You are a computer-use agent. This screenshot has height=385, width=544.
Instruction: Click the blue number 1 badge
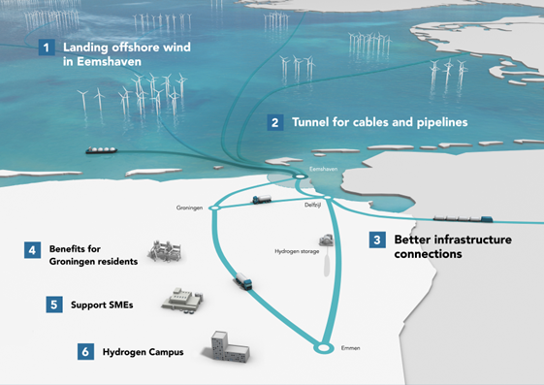47,48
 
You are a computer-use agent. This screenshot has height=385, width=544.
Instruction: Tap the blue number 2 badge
275,122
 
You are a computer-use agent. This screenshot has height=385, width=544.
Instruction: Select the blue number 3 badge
377,240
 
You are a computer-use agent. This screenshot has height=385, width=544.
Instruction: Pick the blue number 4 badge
33,250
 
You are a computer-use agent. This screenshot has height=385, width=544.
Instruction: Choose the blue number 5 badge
54,305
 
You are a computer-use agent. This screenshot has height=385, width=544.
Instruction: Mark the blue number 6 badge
85,352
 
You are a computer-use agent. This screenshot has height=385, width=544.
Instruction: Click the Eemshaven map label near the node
323,169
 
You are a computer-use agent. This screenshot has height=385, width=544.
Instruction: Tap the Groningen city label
189,208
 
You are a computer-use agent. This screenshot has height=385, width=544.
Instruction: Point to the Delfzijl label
312,205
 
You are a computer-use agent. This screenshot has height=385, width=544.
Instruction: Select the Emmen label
350,348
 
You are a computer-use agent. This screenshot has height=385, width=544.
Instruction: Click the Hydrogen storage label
297,251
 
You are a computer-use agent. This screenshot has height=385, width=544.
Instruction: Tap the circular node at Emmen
324,347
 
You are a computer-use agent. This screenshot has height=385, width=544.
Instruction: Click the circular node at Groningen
214,208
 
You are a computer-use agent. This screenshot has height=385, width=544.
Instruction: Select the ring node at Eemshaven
300,176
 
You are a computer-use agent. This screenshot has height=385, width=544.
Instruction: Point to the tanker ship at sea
102,150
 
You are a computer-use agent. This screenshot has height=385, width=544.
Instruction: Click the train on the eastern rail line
464,218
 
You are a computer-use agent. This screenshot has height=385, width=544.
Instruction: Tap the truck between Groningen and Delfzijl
262,199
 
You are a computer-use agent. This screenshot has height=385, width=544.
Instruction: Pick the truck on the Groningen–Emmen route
244,281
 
